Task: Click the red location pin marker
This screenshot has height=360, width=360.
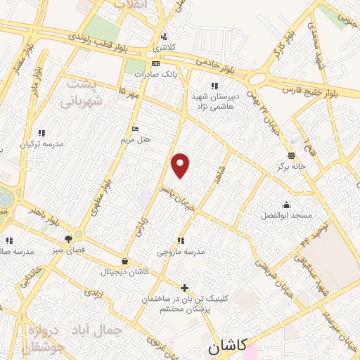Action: (181, 165)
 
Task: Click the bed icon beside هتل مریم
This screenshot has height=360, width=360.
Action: (136, 129)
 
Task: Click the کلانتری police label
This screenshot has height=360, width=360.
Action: (165, 48)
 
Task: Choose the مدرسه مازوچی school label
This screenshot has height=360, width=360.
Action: (181, 251)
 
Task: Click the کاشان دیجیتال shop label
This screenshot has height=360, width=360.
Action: (123, 271)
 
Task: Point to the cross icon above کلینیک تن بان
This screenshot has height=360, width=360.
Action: (184, 288)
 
